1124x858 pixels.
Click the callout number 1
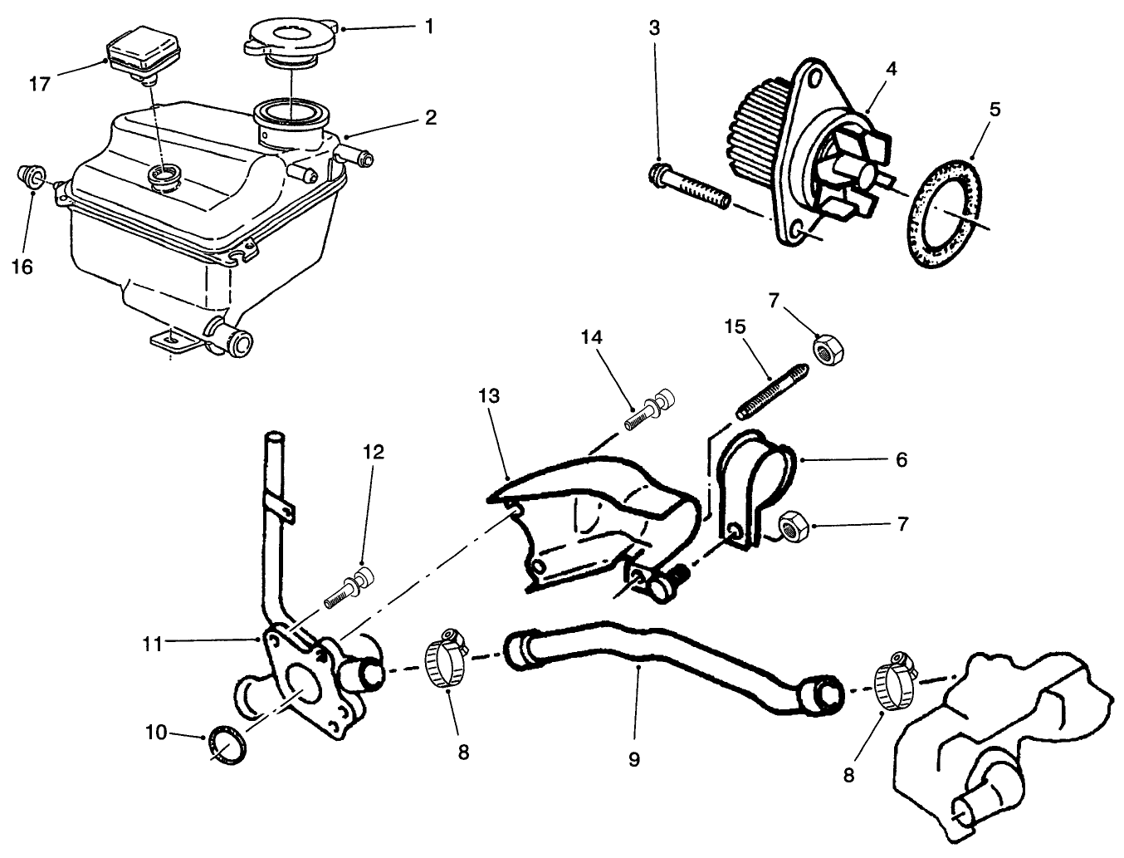[x=428, y=27]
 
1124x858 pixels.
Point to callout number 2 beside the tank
[x=430, y=117]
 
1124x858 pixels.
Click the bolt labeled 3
[x=687, y=187]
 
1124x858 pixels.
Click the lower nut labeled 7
[x=794, y=525]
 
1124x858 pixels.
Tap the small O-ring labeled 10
[x=226, y=742]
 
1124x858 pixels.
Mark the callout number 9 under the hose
[x=634, y=759]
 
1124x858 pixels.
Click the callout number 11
[x=151, y=640]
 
